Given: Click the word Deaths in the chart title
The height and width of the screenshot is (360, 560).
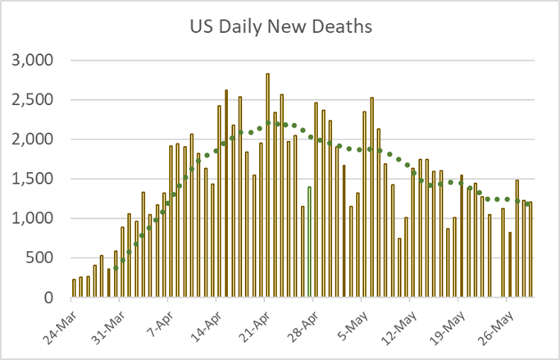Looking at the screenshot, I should (x=344, y=27).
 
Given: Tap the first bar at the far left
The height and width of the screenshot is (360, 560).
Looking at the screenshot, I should (x=74, y=288).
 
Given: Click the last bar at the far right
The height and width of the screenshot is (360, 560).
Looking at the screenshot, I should (x=530, y=249).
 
